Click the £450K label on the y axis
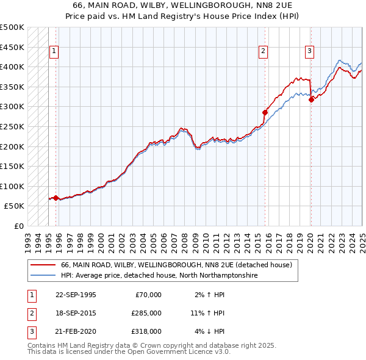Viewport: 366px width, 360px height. (12, 47)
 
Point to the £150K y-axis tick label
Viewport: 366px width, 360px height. (12, 166)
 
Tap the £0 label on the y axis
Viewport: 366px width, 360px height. (18, 226)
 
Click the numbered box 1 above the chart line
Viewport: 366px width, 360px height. (54, 52)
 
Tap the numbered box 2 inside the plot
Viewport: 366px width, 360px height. (264, 52)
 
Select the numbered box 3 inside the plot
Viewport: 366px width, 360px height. (310, 52)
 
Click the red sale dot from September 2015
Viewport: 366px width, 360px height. (265, 112)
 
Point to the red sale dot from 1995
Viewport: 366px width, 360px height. (56, 198)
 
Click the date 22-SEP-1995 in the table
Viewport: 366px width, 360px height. (76, 295)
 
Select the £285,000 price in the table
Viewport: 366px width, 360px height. (146, 313)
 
